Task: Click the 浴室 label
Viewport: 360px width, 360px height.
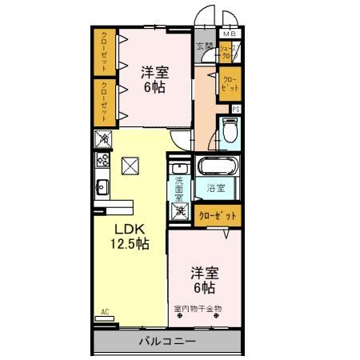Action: (x=215, y=189)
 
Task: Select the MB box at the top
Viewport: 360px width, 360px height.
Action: (x=229, y=34)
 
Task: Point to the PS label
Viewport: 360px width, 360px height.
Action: (x=236, y=108)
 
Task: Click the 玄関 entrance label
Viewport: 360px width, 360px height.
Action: (x=204, y=46)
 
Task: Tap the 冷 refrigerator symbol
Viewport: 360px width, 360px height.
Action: (x=103, y=140)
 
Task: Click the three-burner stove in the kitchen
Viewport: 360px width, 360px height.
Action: (x=103, y=159)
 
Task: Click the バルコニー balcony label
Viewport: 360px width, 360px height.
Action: (x=167, y=342)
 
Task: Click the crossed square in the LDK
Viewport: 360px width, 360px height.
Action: (x=130, y=166)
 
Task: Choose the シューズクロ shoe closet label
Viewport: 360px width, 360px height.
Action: (x=230, y=54)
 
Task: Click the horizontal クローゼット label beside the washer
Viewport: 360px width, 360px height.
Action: (x=218, y=214)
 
